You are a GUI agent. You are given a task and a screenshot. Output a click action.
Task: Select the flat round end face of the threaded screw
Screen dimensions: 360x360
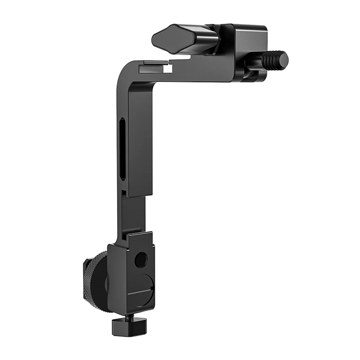(284, 58)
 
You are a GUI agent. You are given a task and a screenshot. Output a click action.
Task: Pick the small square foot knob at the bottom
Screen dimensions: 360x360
(129, 325)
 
